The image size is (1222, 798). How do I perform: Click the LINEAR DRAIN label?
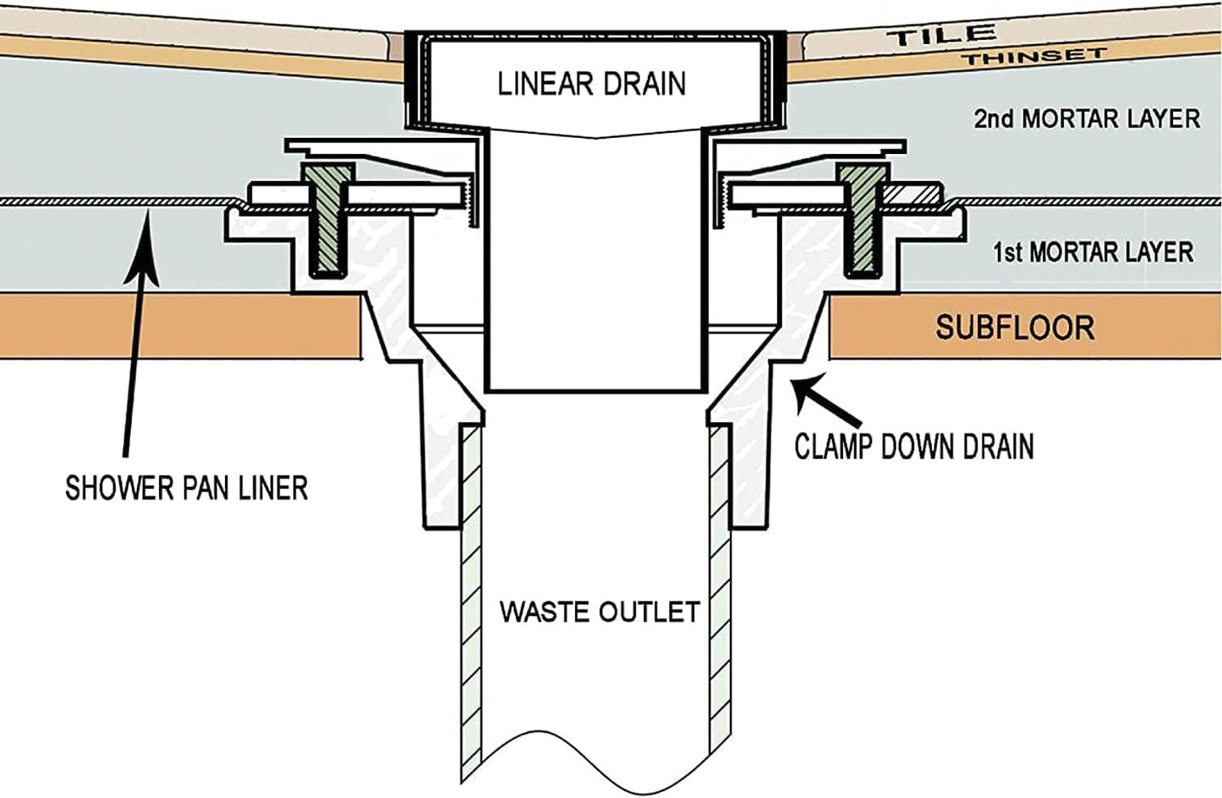[591, 84]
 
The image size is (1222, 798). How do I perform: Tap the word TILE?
[940, 36]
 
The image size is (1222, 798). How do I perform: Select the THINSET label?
[1033, 57]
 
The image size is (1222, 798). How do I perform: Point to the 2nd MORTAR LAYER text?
[1087, 118]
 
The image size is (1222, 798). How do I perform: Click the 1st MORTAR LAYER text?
[1093, 251]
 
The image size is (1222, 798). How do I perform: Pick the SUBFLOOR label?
[1015, 327]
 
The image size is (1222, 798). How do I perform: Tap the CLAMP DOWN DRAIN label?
[913, 446]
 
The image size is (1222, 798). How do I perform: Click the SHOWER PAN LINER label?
[186, 487]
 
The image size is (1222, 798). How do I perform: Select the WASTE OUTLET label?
[600, 611]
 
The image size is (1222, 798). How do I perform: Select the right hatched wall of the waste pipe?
[720, 592]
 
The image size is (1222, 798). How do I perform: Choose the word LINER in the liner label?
[267, 487]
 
